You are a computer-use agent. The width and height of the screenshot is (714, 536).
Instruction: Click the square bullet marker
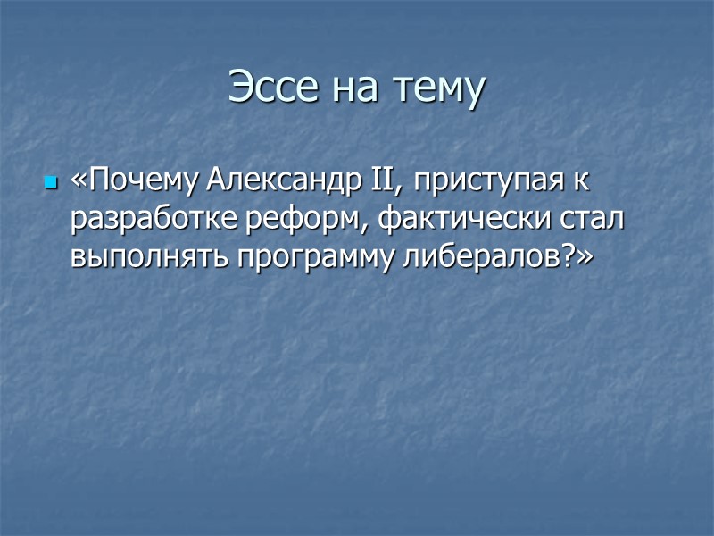click(50, 183)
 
